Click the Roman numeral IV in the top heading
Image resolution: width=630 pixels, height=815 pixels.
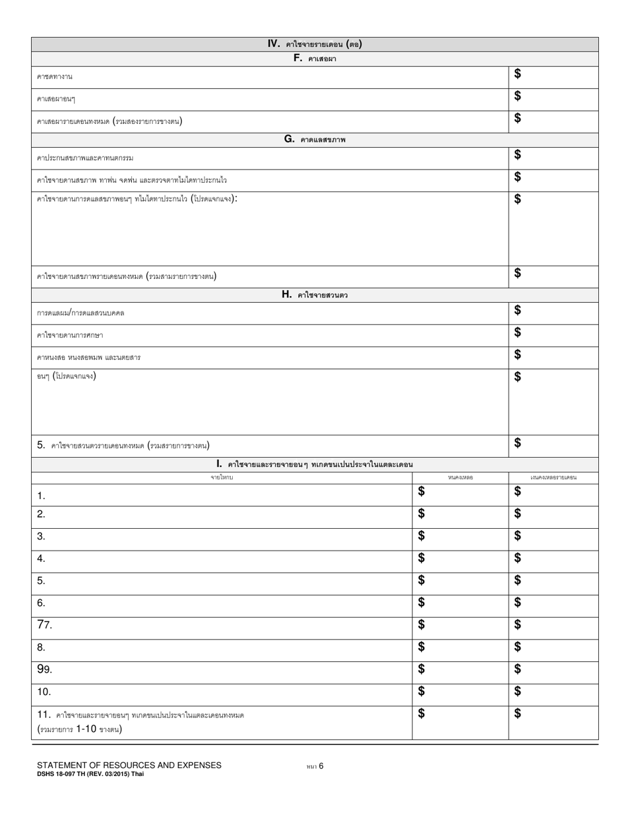274,44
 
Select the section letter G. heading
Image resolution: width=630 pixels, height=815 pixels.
289,139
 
